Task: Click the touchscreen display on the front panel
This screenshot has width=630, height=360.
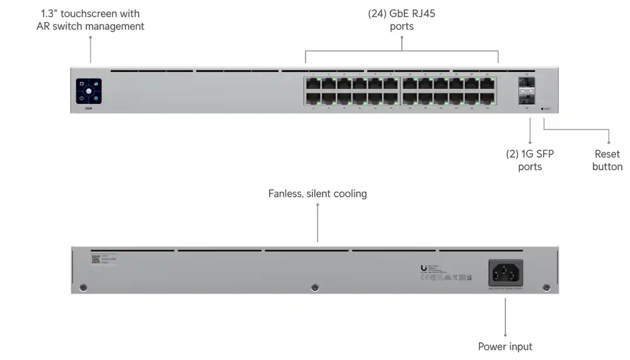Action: coord(89,91)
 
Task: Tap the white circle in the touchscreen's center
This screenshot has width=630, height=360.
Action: coord(89,91)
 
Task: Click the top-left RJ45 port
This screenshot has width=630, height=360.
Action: coord(312,83)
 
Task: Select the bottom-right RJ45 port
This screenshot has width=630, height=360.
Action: coord(487,98)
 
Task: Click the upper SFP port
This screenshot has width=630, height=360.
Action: coord(526,83)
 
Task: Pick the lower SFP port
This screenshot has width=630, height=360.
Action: coord(526,98)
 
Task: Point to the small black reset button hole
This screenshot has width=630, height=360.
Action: coord(542,108)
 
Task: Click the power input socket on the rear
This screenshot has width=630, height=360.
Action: coord(506,273)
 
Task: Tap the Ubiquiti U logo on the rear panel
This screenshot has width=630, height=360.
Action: coord(423,268)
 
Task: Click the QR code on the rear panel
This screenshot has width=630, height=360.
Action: coord(96,259)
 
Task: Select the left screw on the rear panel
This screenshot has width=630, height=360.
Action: coord(84,288)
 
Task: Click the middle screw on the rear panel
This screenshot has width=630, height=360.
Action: coord(315,288)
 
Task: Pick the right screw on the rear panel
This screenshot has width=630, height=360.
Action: coord(546,288)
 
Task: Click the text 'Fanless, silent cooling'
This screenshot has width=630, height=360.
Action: coord(318,194)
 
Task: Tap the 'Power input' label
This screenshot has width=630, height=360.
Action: coord(505,346)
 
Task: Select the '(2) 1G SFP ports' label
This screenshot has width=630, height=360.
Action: coord(530,160)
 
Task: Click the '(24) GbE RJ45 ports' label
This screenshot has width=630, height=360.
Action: coord(401,20)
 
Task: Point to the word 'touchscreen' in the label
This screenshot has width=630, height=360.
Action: coord(89,13)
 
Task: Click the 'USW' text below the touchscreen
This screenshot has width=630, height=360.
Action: coord(89,109)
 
